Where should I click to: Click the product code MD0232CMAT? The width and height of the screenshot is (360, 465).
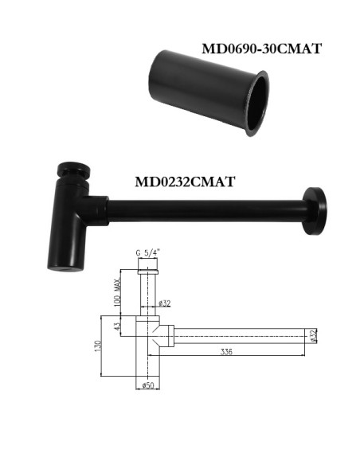pos(184,181)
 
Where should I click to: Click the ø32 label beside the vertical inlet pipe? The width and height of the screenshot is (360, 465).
pos(166,303)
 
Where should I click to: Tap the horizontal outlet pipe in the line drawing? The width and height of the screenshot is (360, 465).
pos(239,335)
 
